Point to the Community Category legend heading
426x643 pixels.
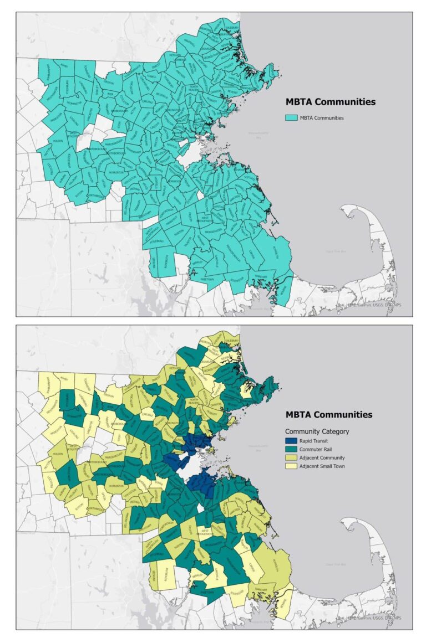[x=317, y=431]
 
